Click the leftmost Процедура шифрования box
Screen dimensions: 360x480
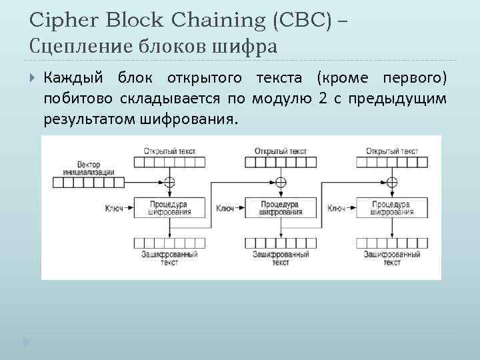pos(169,208)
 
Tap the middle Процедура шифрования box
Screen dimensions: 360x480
pos(281,208)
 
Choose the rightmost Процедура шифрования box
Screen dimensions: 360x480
pos(391,208)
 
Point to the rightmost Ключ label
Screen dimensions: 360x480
pos(337,209)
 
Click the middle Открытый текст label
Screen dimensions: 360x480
pos(281,151)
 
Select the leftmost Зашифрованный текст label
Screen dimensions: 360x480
pos(169,258)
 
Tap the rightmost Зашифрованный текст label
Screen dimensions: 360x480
pos(392,258)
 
